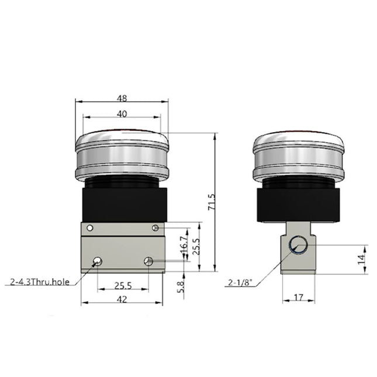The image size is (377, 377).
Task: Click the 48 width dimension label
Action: pyautogui.click(x=122, y=99)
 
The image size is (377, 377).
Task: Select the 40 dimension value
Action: pyautogui.click(x=122, y=115)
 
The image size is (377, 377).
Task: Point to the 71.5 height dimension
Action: pyautogui.click(x=212, y=202)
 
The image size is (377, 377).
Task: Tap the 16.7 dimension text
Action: pyautogui.click(x=184, y=243)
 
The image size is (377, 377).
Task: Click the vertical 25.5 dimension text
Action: pyautogui.click(x=196, y=245)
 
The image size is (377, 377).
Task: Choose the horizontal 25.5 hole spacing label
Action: pyautogui.click(x=122, y=286)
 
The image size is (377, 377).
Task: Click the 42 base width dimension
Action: pyautogui.click(x=122, y=300)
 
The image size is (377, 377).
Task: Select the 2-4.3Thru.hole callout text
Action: pyautogui.click(x=40, y=282)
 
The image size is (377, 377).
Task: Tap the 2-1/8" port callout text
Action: pyautogui.click(x=240, y=283)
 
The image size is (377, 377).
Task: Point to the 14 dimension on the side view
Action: pyautogui.click(x=361, y=257)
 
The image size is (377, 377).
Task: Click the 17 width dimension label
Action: pyautogui.click(x=298, y=298)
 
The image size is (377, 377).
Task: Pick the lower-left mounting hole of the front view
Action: pyautogui.click(x=96, y=261)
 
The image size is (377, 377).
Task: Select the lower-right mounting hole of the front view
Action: pyautogui.click(x=149, y=261)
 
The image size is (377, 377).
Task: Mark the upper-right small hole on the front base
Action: pyautogui.click(x=155, y=227)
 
